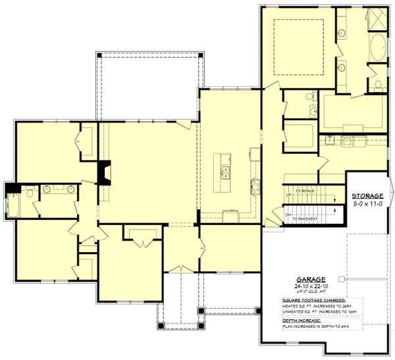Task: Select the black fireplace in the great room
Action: (105, 173)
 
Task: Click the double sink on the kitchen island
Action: (225, 172)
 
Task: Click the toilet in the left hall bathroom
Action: (29, 193)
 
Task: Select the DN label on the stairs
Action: (288, 215)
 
